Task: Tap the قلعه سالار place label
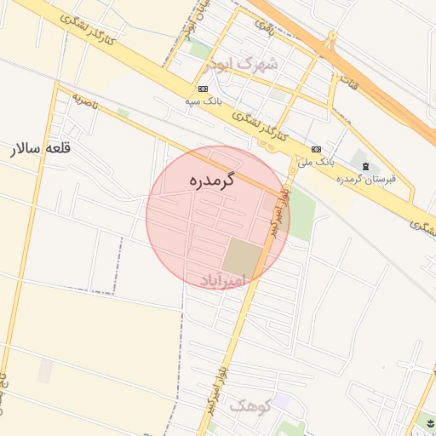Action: point(40,150)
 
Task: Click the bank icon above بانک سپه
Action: point(204,89)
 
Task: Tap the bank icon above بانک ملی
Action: point(316,148)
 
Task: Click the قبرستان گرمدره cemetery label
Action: point(367,178)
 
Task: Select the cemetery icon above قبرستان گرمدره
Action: point(365,165)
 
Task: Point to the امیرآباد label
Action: point(222,279)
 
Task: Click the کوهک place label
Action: point(250,407)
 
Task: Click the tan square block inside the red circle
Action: point(245,256)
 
